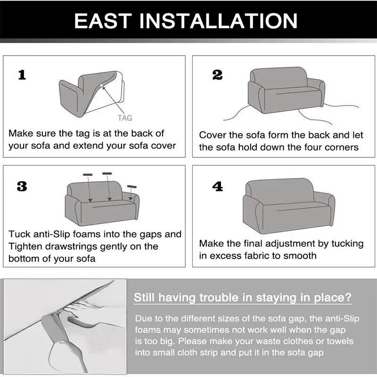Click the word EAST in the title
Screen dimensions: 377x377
(103, 21)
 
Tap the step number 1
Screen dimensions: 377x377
(22, 75)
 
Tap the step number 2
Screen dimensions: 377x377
(217, 75)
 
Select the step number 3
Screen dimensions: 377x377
(22, 186)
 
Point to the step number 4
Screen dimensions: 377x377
(218, 186)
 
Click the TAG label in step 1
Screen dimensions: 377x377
(125, 118)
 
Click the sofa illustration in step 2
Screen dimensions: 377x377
(286, 90)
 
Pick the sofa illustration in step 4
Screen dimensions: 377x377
(288, 206)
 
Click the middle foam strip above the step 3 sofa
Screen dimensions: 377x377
(107, 173)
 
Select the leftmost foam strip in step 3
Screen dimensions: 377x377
(88, 175)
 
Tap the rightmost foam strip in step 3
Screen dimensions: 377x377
(132, 187)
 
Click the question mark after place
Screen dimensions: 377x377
(348, 297)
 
